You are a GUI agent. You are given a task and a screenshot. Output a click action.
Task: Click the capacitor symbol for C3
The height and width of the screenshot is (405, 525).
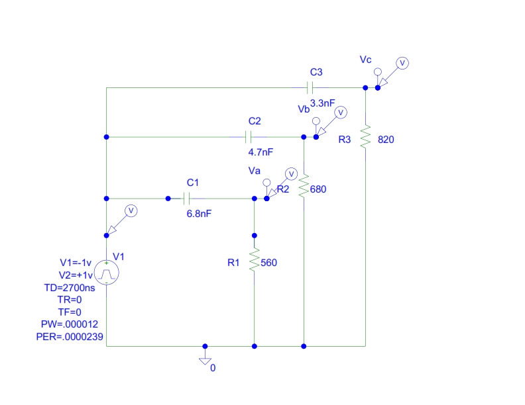309,87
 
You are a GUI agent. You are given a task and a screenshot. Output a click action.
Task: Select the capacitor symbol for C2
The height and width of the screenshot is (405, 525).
248,137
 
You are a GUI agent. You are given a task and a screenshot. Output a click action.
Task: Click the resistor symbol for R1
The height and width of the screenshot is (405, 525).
253,261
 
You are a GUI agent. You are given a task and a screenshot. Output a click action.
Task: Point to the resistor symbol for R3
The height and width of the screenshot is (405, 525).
365,138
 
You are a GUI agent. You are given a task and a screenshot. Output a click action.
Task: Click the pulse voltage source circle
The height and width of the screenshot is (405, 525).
106,273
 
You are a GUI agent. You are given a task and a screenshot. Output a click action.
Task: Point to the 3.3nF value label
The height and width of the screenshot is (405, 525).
323,103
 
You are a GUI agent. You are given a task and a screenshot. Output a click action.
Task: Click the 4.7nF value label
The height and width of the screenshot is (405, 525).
261,152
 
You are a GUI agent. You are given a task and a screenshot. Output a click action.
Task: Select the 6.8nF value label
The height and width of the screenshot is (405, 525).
200,213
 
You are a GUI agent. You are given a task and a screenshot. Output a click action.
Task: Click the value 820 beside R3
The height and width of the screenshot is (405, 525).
386,140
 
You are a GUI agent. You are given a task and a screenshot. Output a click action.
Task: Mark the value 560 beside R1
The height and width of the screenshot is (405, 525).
268,263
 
